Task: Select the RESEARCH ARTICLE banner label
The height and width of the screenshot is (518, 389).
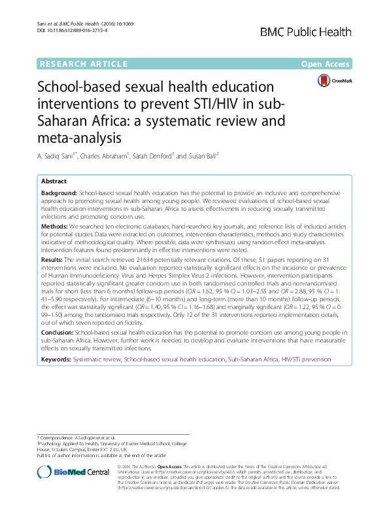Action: point(83,64)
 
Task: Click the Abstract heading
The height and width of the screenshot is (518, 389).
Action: point(54,181)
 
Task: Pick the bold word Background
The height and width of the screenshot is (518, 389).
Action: point(59,195)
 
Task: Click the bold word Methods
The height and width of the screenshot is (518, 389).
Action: point(54,226)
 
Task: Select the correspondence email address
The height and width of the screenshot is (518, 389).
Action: point(99,437)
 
